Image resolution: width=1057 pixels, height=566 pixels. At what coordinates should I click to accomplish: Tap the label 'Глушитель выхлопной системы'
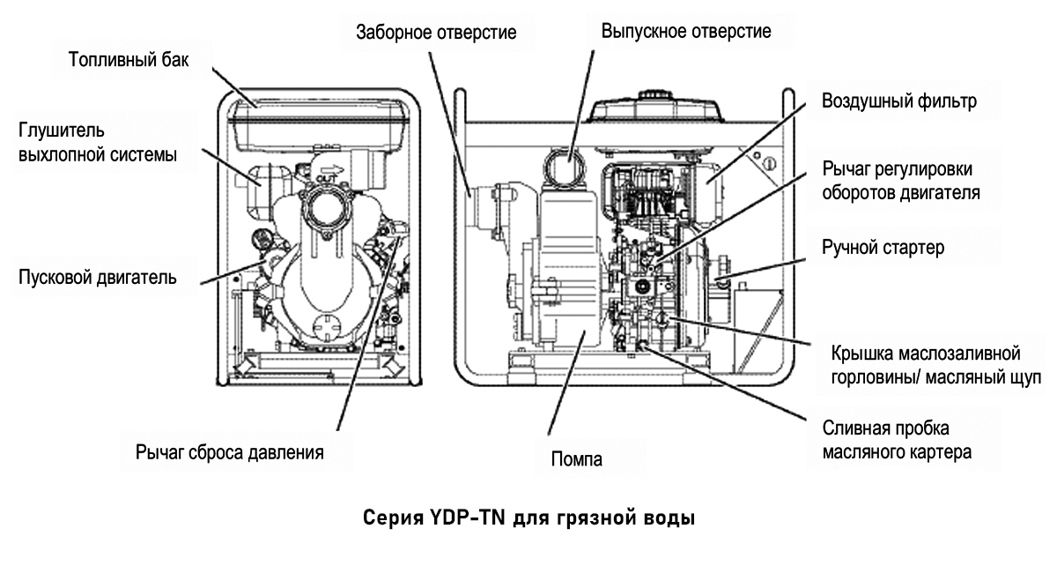coord(98,144)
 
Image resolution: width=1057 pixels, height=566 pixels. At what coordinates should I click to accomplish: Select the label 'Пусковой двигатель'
coord(98,278)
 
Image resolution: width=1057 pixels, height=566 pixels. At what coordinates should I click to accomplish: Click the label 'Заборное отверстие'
coord(435,33)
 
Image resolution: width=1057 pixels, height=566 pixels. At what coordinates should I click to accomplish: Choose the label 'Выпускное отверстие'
coord(686,33)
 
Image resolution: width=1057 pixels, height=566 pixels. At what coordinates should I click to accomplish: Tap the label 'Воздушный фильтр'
coord(898,101)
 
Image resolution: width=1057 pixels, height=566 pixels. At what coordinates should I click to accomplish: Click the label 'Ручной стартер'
coord(883,248)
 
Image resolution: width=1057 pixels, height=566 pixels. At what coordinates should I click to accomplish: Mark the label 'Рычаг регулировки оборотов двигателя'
coord(900,181)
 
